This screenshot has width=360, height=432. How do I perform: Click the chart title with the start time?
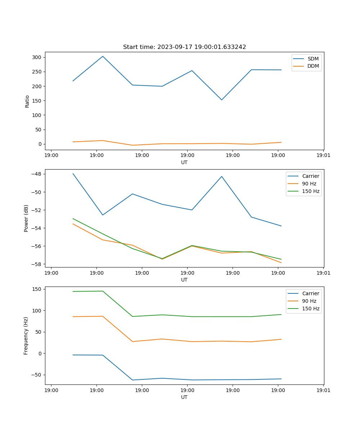[184, 47]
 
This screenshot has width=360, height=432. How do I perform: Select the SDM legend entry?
[313, 59]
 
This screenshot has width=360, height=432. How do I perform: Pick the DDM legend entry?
[313, 66]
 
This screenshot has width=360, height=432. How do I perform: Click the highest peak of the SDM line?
[103, 56]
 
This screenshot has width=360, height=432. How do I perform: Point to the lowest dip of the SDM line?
[221, 100]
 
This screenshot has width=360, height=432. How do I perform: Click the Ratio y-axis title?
[27, 101]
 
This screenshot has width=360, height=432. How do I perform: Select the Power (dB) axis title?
[26, 219]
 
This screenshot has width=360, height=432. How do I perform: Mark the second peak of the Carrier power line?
[221, 176]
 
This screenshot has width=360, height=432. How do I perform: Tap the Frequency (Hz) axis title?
[26, 336]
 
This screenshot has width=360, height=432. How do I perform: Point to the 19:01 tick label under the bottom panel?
[323, 390]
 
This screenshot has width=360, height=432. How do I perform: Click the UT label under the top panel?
[184, 162]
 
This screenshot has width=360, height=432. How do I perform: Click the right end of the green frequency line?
[281, 314]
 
